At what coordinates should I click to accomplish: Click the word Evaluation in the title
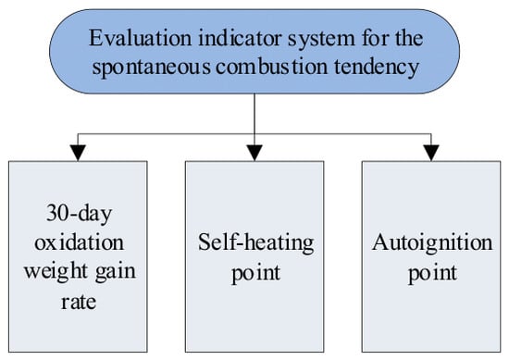point(141,38)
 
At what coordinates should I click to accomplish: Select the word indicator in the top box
point(240,38)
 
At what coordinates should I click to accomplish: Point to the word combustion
point(271,67)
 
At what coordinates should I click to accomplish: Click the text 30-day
point(79,214)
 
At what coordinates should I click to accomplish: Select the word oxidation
point(79,242)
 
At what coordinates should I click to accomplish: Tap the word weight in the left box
point(56,272)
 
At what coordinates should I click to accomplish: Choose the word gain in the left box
point(116,272)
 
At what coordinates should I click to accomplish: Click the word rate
point(79,303)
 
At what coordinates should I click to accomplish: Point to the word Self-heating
point(255,243)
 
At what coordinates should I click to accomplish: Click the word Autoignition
point(432,243)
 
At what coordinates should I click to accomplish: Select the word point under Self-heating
point(255,273)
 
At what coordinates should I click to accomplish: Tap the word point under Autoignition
point(432,273)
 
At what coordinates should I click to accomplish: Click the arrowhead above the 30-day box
point(78,153)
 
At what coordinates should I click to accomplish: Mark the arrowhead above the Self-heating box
point(254,153)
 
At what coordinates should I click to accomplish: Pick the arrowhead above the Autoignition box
point(431,153)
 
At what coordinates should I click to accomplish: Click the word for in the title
point(375,38)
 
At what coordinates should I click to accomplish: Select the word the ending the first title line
point(409,38)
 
